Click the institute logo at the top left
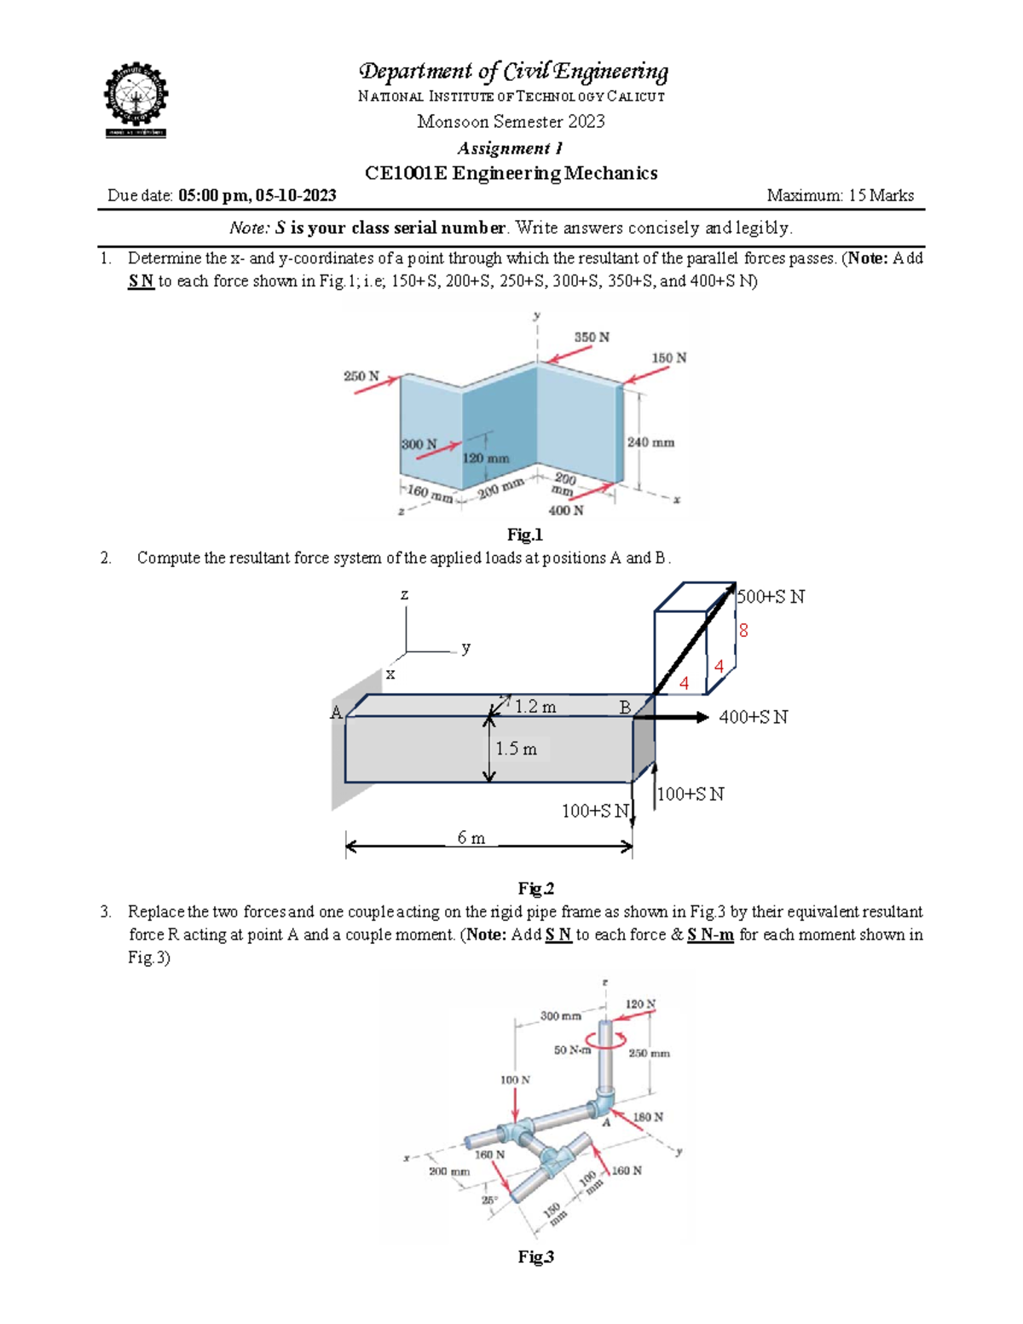[136, 99]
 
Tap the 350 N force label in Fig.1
[591, 338]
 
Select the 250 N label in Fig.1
[361, 376]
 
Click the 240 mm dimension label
[650, 442]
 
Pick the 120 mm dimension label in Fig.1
[486, 459]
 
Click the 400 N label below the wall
[565, 511]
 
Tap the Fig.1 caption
[524, 535]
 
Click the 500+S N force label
[771, 597]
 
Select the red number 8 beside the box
[743, 631]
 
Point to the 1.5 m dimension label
[516, 749]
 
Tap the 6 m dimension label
[471, 838]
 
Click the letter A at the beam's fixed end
[336, 713]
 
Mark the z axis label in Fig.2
[404, 595]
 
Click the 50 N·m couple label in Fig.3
[572, 1049]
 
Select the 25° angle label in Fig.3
[489, 1200]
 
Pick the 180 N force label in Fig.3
[648, 1117]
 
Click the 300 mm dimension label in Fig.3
[560, 1015]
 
